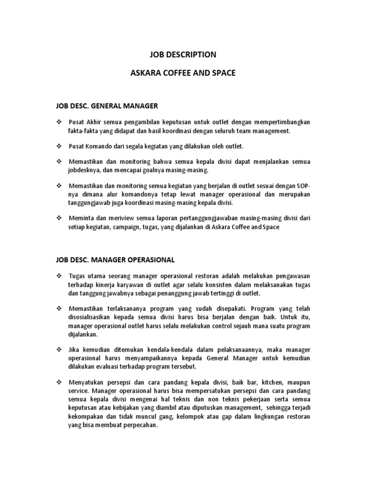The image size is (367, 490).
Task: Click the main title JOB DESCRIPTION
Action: click(x=183, y=54)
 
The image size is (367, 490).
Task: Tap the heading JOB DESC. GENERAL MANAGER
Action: click(x=107, y=104)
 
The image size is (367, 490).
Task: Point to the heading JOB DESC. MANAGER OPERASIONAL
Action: click(x=115, y=260)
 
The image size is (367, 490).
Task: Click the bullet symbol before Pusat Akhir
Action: click(x=59, y=122)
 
